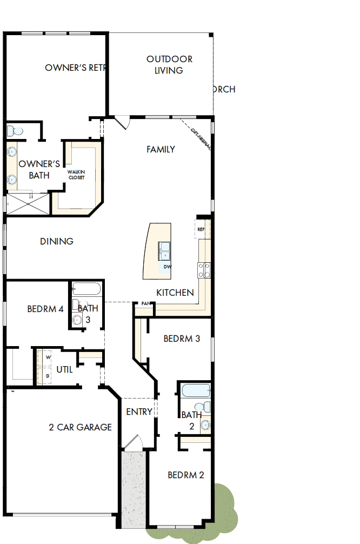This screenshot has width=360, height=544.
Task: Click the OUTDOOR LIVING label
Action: pyautogui.click(x=169, y=64)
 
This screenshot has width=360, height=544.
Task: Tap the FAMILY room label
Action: pyautogui.click(x=161, y=149)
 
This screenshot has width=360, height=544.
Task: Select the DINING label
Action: pyautogui.click(x=57, y=241)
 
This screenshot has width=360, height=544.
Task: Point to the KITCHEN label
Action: pyautogui.click(x=175, y=293)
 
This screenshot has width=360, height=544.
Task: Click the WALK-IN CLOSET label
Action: pyautogui.click(x=76, y=174)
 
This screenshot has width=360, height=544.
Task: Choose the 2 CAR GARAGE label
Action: pyautogui.click(x=80, y=427)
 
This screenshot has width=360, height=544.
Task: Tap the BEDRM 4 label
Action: pyautogui.click(x=45, y=309)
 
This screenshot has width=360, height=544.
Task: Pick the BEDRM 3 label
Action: pyautogui.click(x=182, y=339)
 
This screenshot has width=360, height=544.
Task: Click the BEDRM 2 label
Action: pyautogui.click(x=185, y=475)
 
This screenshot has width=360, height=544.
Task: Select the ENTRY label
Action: pyautogui.click(x=139, y=412)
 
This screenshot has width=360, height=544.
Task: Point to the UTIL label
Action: pyautogui.click(x=64, y=370)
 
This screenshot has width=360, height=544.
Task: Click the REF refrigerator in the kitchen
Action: pyautogui.click(x=201, y=229)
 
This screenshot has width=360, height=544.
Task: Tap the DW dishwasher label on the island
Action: pyautogui.click(x=167, y=267)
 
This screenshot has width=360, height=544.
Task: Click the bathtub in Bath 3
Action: pyautogui.click(x=86, y=289)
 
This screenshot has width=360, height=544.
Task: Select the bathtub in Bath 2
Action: pyautogui.click(x=195, y=390)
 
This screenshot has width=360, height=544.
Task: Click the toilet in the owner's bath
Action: pyautogui.click(x=15, y=131)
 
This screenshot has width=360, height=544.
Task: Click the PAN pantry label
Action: pyautogui.click(x=145, y=304)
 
